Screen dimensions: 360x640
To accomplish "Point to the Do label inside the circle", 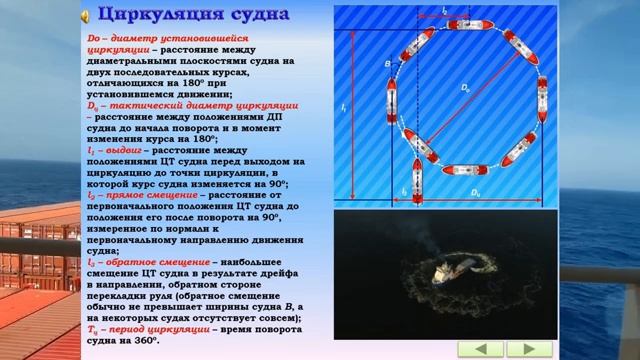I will click(x=465, y=89).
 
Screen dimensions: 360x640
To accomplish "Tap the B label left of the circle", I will click(x=387, y=64).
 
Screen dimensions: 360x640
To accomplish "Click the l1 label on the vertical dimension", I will click(x=343, y=105).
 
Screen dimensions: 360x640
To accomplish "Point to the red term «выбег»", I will click(x=121, y=149).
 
